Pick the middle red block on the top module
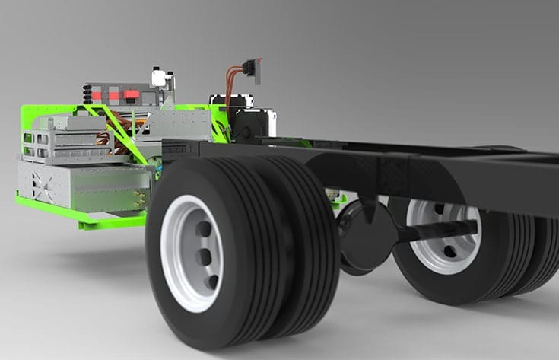(x=113, y=96)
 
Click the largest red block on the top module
(x=132, y=95)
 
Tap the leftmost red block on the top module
(x=97, y=95)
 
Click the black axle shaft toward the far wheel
(x=441, y=229)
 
